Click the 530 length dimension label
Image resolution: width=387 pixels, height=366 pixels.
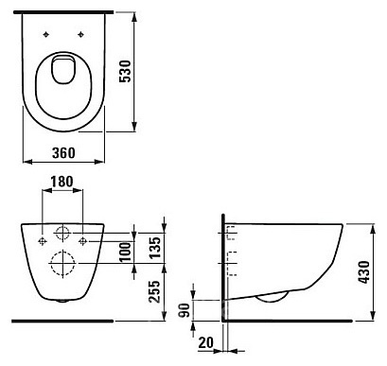point(125,71)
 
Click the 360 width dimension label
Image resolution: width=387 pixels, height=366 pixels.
point(63,153)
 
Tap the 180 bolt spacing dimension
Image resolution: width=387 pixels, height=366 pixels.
point(62,182)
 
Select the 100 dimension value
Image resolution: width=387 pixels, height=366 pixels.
point(126,252)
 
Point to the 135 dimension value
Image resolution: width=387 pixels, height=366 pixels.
point(155,248)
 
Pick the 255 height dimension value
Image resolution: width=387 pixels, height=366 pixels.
point(154,291)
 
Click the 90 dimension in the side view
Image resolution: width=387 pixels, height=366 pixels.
point(184,310)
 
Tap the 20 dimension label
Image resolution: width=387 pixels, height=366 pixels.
point(206,342)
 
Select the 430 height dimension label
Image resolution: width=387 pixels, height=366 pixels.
point(363,272)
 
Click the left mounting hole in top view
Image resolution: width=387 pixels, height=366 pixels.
point(46,34)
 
